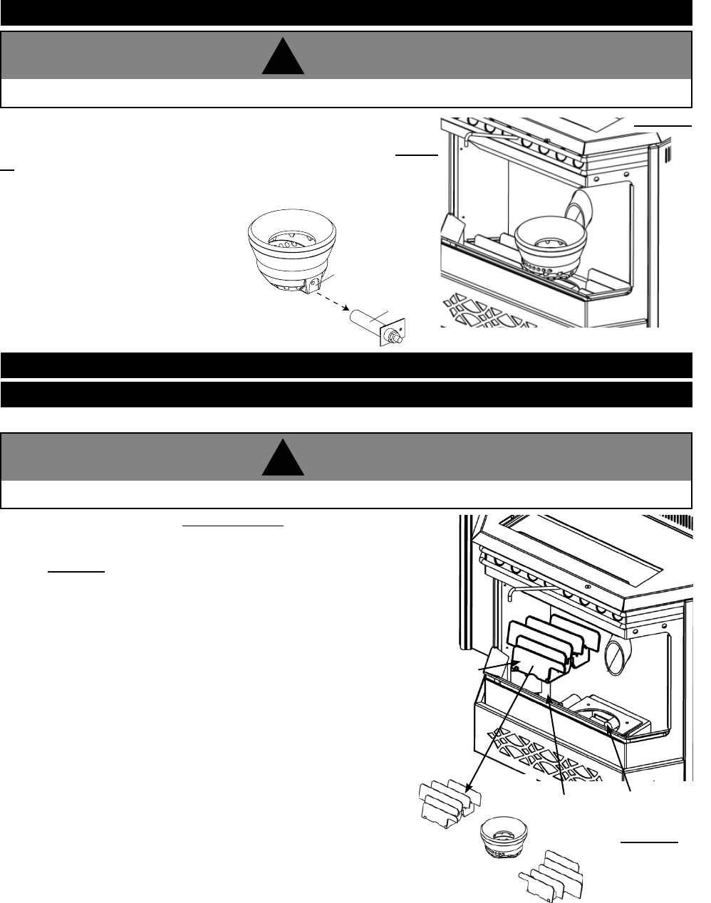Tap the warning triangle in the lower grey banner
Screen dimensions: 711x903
point(283,458)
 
